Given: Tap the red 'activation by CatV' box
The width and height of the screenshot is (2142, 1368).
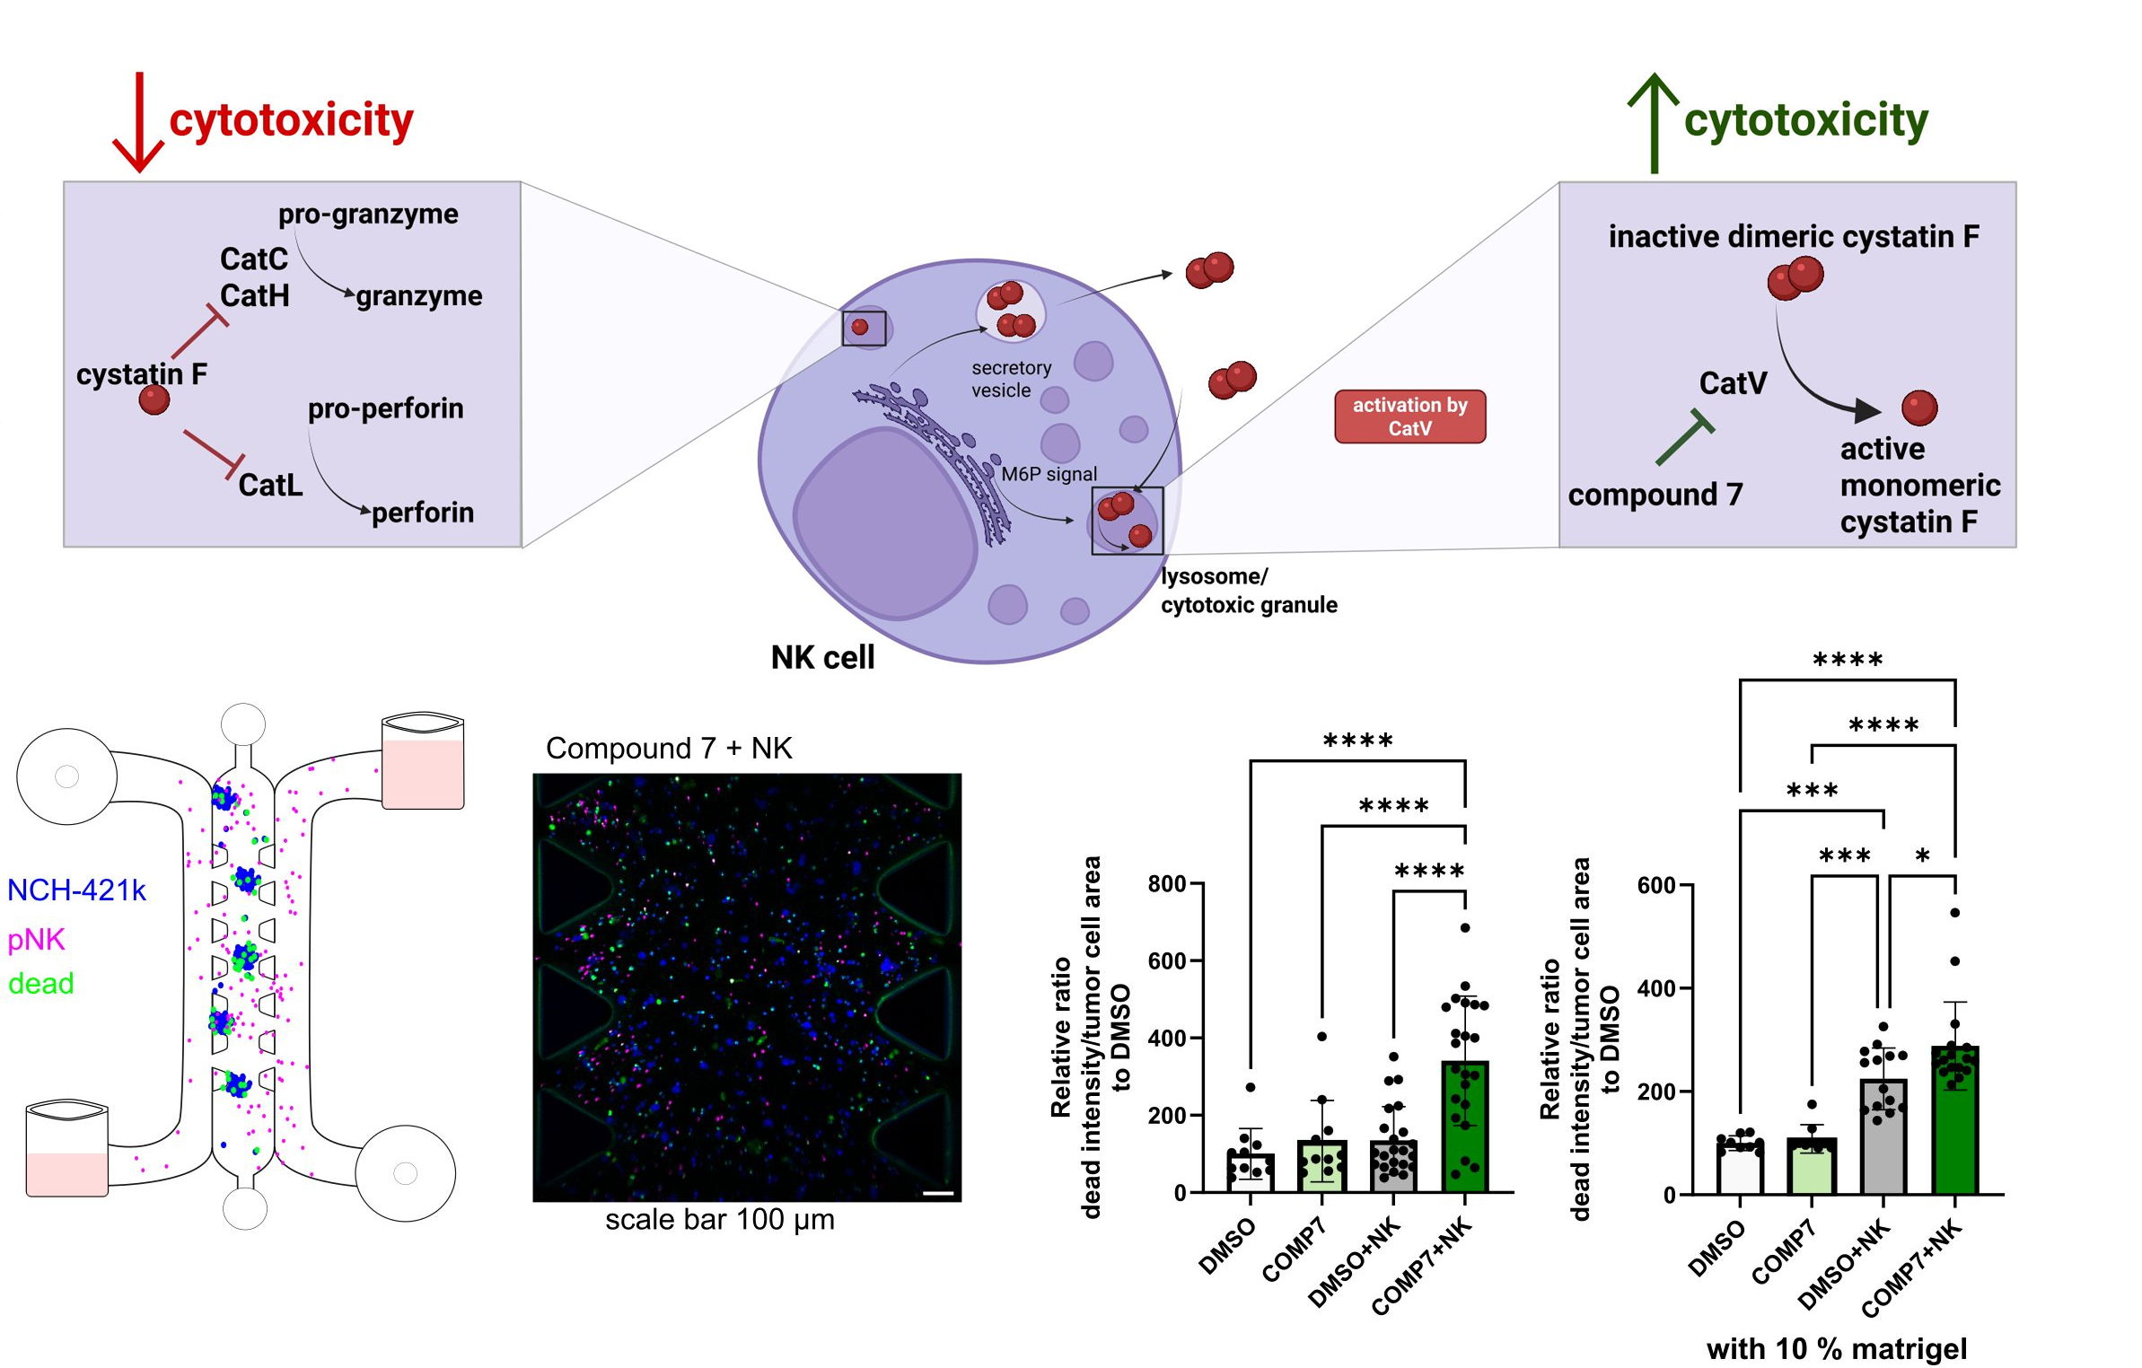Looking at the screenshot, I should [x=1409, y=417].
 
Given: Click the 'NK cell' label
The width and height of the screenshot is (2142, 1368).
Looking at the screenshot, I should [x=821, y=658].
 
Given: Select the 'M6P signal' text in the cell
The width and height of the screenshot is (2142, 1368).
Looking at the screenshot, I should [x=1049, y=474].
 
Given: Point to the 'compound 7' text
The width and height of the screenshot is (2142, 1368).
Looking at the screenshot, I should [x=1655, y=495].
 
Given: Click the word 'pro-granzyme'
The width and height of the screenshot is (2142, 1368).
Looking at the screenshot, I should [x=368, y=214].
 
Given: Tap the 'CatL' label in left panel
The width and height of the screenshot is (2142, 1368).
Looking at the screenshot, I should [x=270, y=486].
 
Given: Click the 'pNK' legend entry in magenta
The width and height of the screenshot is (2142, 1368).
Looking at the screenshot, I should [x=36, y=940].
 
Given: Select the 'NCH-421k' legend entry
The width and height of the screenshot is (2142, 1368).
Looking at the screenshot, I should [x=76, y=890].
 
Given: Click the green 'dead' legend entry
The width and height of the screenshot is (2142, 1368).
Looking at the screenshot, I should [x=40, y=984].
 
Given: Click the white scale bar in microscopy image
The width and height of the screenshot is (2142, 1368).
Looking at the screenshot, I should [x=937, y=1194].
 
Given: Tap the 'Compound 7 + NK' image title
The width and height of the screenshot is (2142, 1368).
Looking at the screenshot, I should [x=669, y=749].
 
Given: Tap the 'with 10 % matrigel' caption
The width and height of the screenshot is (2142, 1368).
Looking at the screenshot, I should [x=1836, y=1348].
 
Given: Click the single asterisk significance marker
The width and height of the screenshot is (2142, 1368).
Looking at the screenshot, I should [x=1922, y=856].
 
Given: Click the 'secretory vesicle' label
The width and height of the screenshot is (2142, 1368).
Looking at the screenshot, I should [x=1010, y=379].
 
